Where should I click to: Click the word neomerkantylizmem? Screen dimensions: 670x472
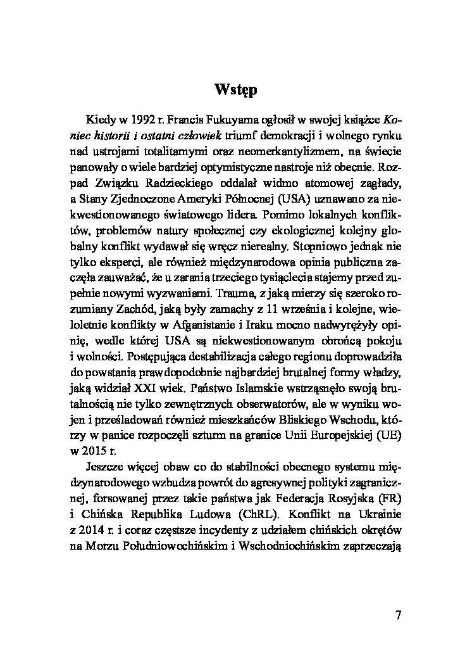290,152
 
